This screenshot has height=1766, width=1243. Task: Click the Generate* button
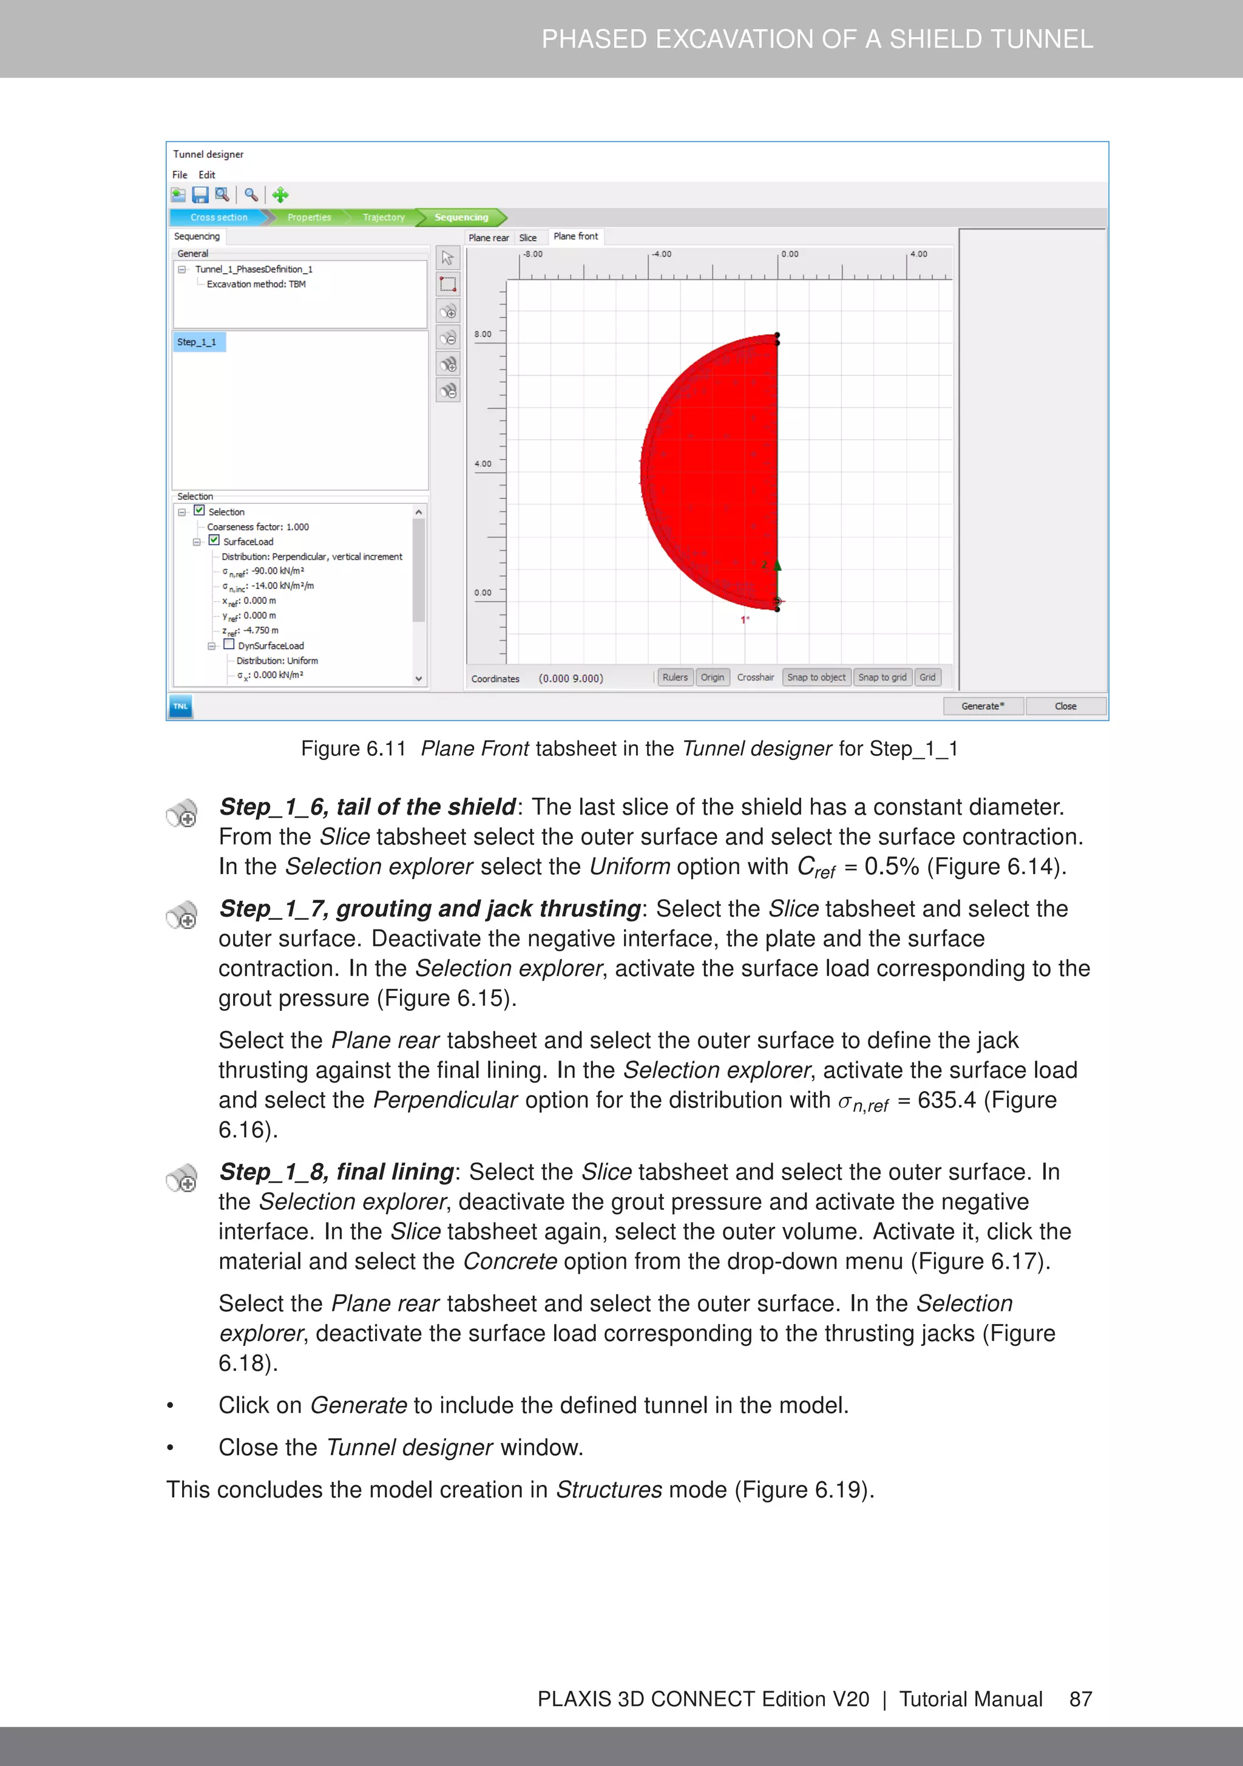coord(982,706)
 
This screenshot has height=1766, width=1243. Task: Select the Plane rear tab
coord(489,237)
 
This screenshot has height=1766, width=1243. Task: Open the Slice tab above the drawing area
coord(527,237)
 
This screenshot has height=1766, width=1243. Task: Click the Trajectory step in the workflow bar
coord(383,218)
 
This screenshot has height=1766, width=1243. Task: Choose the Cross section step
coord(218,218)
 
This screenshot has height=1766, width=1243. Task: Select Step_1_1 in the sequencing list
coord(197,342)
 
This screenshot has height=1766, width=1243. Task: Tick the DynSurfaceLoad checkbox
coord(228,645)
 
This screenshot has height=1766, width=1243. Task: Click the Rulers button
coord(674,678)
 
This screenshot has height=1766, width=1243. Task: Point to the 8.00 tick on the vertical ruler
coord(483,335)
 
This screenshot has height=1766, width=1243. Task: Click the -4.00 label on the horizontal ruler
coord(661,254)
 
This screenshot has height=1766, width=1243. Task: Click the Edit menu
coord(206,175)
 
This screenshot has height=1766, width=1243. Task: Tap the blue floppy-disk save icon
coord(200,195)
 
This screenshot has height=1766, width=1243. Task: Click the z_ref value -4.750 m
coord(261,631)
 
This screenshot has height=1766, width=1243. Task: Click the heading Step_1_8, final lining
coord(337,1172)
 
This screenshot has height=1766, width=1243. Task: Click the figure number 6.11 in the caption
coord(385,749)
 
